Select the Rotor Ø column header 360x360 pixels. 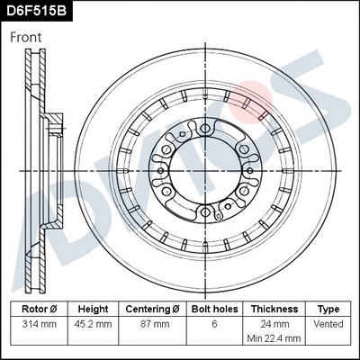tap(37, 308)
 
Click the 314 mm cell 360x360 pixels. tap(37, 322)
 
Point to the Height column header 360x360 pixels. tap(93, 308)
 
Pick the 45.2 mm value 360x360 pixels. tap(93, 322)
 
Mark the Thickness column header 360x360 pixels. tap(274, 308)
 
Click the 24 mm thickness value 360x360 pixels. tap(274, 322)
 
